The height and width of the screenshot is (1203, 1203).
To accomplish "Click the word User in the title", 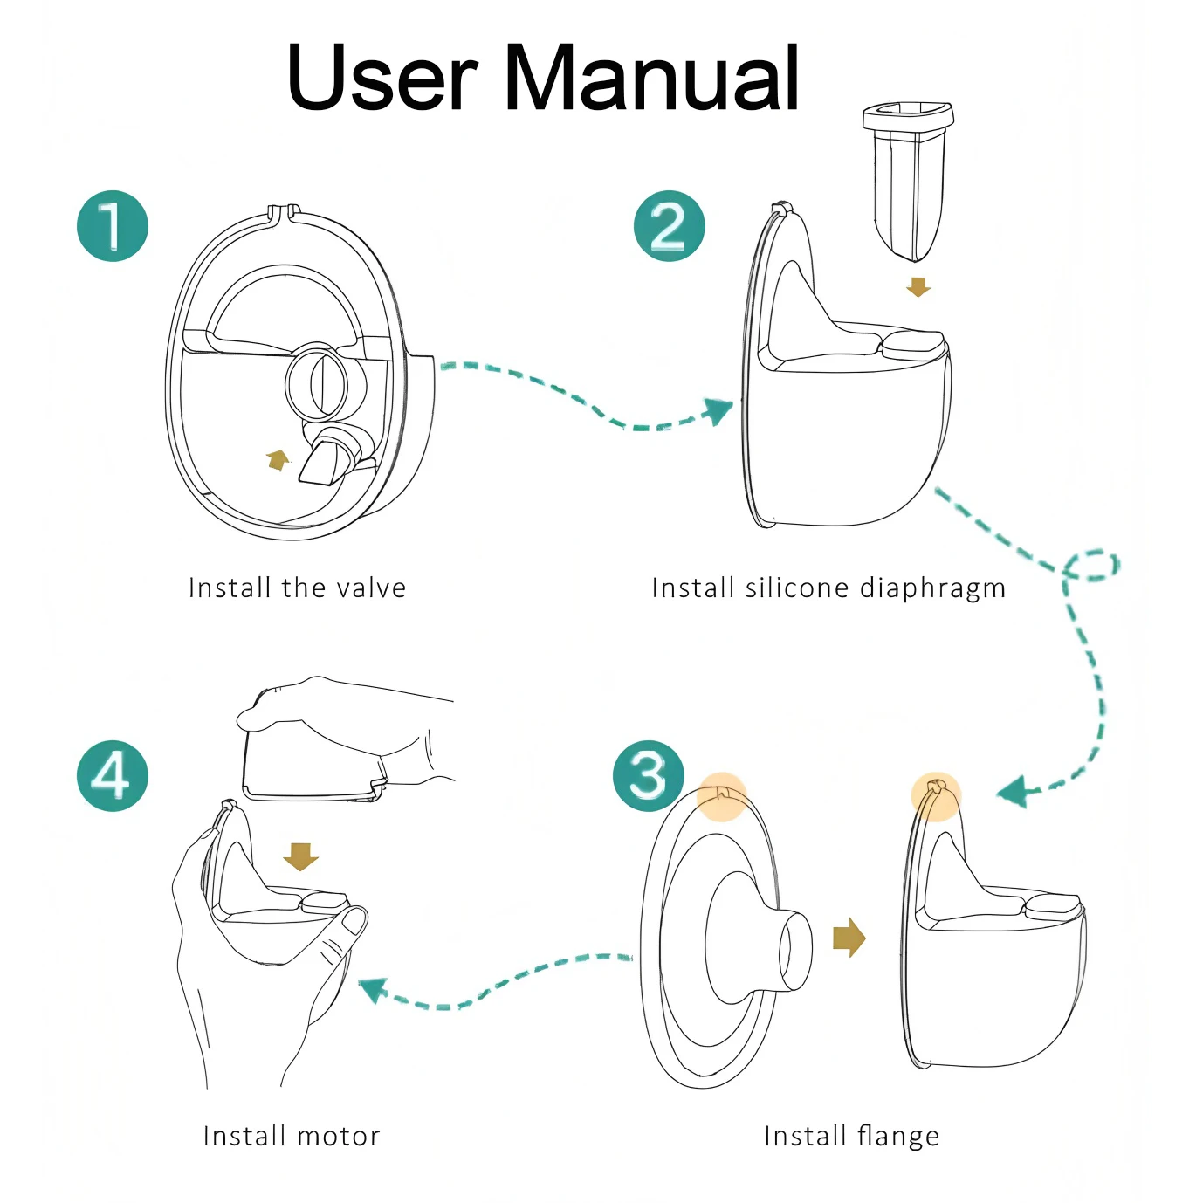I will pos(382,78).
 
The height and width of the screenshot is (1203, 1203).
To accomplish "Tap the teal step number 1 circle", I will pos(113,226).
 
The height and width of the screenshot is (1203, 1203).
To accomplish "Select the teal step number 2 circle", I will pos(669,226).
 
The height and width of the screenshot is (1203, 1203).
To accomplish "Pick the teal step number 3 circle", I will pos(648,775).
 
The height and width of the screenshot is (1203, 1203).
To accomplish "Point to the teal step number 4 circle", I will pos(113,776).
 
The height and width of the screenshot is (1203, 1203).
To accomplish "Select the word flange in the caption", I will pos(898,1136).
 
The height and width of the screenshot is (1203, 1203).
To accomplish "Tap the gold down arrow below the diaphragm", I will pos(918,287).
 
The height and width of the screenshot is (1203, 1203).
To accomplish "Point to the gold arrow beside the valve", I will pos(278,459).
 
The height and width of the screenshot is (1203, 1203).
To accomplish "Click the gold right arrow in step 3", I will pos(849,938).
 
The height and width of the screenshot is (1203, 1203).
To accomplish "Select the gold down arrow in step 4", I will pos(301,856).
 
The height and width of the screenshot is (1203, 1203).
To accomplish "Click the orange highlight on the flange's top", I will pos(723,796).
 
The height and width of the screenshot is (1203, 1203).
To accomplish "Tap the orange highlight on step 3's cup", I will pos(936,795).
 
